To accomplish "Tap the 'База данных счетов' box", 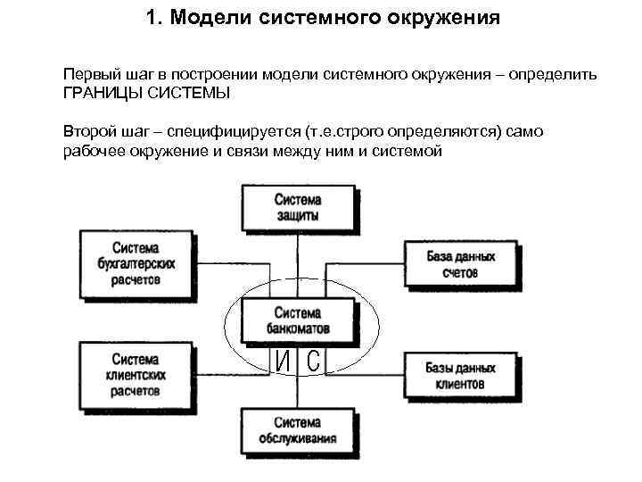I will [460, 263].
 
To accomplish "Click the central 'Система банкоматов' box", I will [297, 320].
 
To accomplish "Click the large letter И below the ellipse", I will [284, 361].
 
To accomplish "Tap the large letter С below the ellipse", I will [312, 361].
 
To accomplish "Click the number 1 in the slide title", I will [150, 18].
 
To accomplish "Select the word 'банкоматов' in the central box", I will [297, 328].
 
